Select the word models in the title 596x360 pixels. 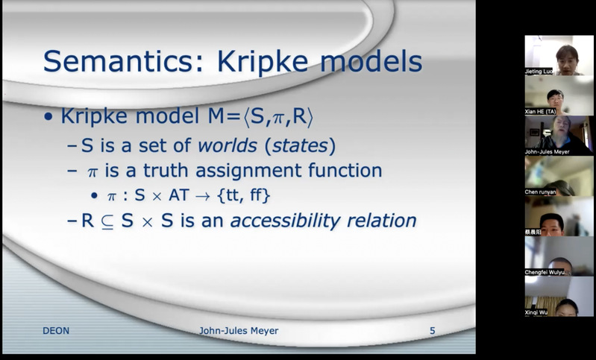point(371,61)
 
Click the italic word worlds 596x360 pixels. point(228,145)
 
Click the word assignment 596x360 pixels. point(248,171)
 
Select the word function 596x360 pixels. point(345,170)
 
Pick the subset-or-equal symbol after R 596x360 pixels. point(107,222)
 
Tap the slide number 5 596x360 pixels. point(432,331)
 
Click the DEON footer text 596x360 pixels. point(56,331)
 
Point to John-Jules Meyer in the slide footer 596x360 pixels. point(239,331)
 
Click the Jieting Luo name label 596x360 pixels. point(539,72)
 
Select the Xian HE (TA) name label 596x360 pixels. point(540,112)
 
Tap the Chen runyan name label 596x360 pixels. point(540,192)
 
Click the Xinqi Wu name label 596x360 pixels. point(536,312)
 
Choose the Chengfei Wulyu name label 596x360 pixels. point(545,272)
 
